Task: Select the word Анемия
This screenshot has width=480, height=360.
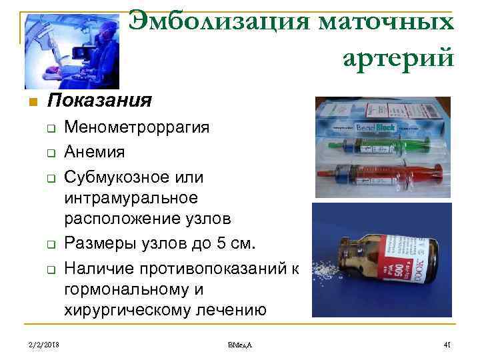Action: (x=94, y=153)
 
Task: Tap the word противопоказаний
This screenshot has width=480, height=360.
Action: (x=213, y=268)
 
